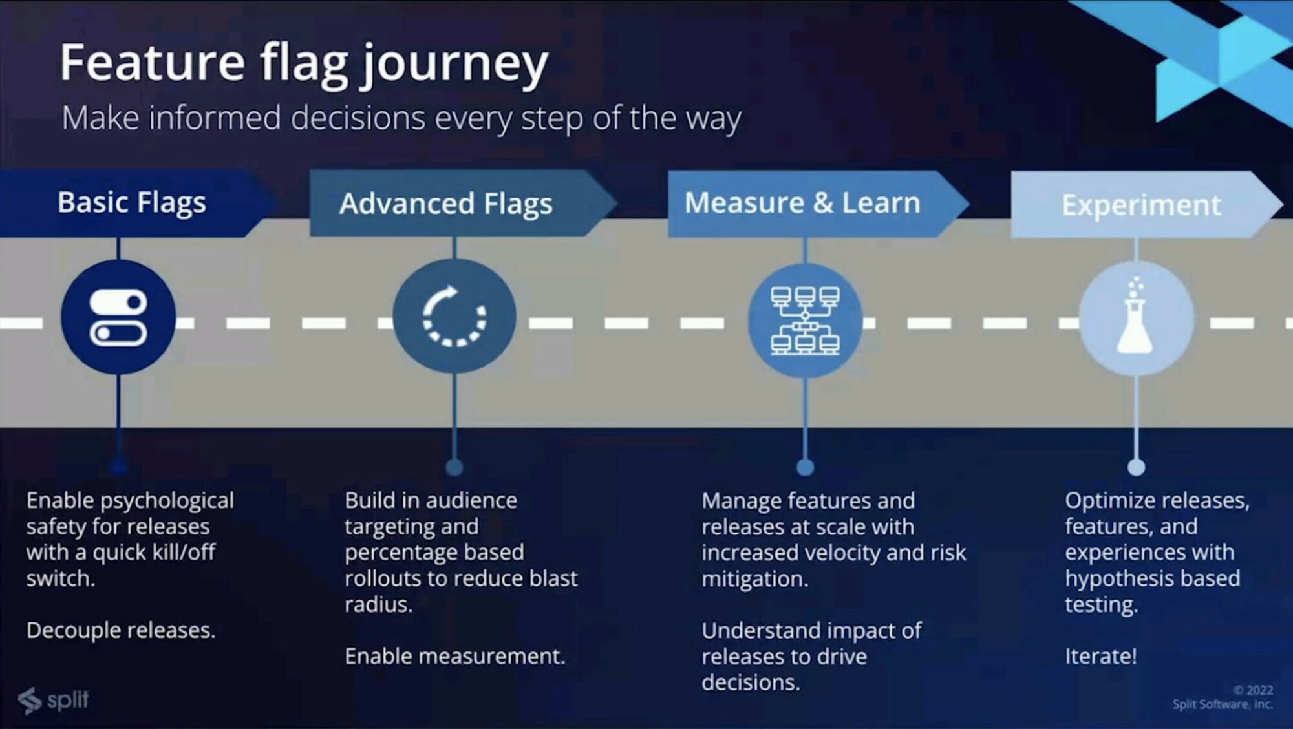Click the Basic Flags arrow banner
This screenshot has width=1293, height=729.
point(132,203)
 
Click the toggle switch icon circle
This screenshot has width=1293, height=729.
point(118,317)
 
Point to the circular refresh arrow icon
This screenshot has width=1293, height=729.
point(454,317)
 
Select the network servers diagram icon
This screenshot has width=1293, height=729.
point(805,320)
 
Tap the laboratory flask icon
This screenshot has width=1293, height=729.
point(1135,318)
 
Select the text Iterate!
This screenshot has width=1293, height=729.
point(1100,656)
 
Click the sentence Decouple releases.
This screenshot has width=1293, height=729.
point(121,630)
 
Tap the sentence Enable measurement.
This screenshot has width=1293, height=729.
point(454,656)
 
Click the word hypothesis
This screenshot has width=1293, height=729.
point(1120,578)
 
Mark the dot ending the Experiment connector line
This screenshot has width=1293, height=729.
point(1136,467)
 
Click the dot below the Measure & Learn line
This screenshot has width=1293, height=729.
point(805,467)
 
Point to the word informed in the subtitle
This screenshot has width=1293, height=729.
point(215,119)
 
